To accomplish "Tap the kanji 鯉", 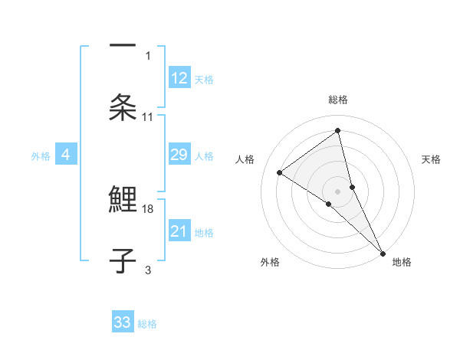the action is coord(123,198).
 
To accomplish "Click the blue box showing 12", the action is coord(179,78).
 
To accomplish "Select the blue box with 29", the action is coord(179,155).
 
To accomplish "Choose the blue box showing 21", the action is coord(179,231).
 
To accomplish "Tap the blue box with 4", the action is coord(66,155).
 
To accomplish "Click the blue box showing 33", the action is coord(123,322).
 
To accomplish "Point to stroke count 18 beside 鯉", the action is coord(148,208).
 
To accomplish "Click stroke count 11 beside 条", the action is coord(148,116).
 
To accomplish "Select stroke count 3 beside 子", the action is coord(148,270).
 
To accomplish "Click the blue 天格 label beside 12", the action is coord(204,79).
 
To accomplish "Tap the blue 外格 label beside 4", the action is coord(41,155).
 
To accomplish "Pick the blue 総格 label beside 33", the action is coord(147,324).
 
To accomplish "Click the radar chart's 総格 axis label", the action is coord(338,100).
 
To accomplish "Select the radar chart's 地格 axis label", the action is coord(402,262).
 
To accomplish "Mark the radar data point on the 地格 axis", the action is coord(382,252).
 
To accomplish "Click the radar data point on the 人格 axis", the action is coord(280,172).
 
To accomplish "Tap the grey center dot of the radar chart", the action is coord(338,190).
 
